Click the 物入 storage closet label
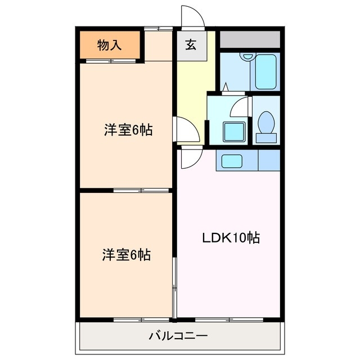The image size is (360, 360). (x=109, y=45)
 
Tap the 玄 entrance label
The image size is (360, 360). (x=191, y=45)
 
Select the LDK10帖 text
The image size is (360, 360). (x=231, y=238)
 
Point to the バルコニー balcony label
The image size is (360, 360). (x=178, y=336)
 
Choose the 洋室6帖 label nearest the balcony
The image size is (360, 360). (x=127, y=255)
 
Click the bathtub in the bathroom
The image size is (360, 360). (x=267, y=71)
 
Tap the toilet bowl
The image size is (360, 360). (x=265, y=121)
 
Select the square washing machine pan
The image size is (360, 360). (x=235, y=131)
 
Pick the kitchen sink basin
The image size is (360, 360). (x=232, y=161)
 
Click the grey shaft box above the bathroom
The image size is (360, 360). (x=249, y=39)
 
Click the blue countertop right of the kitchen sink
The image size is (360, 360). (x=268, y=161)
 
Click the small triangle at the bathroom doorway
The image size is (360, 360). (x=225, y=88)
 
